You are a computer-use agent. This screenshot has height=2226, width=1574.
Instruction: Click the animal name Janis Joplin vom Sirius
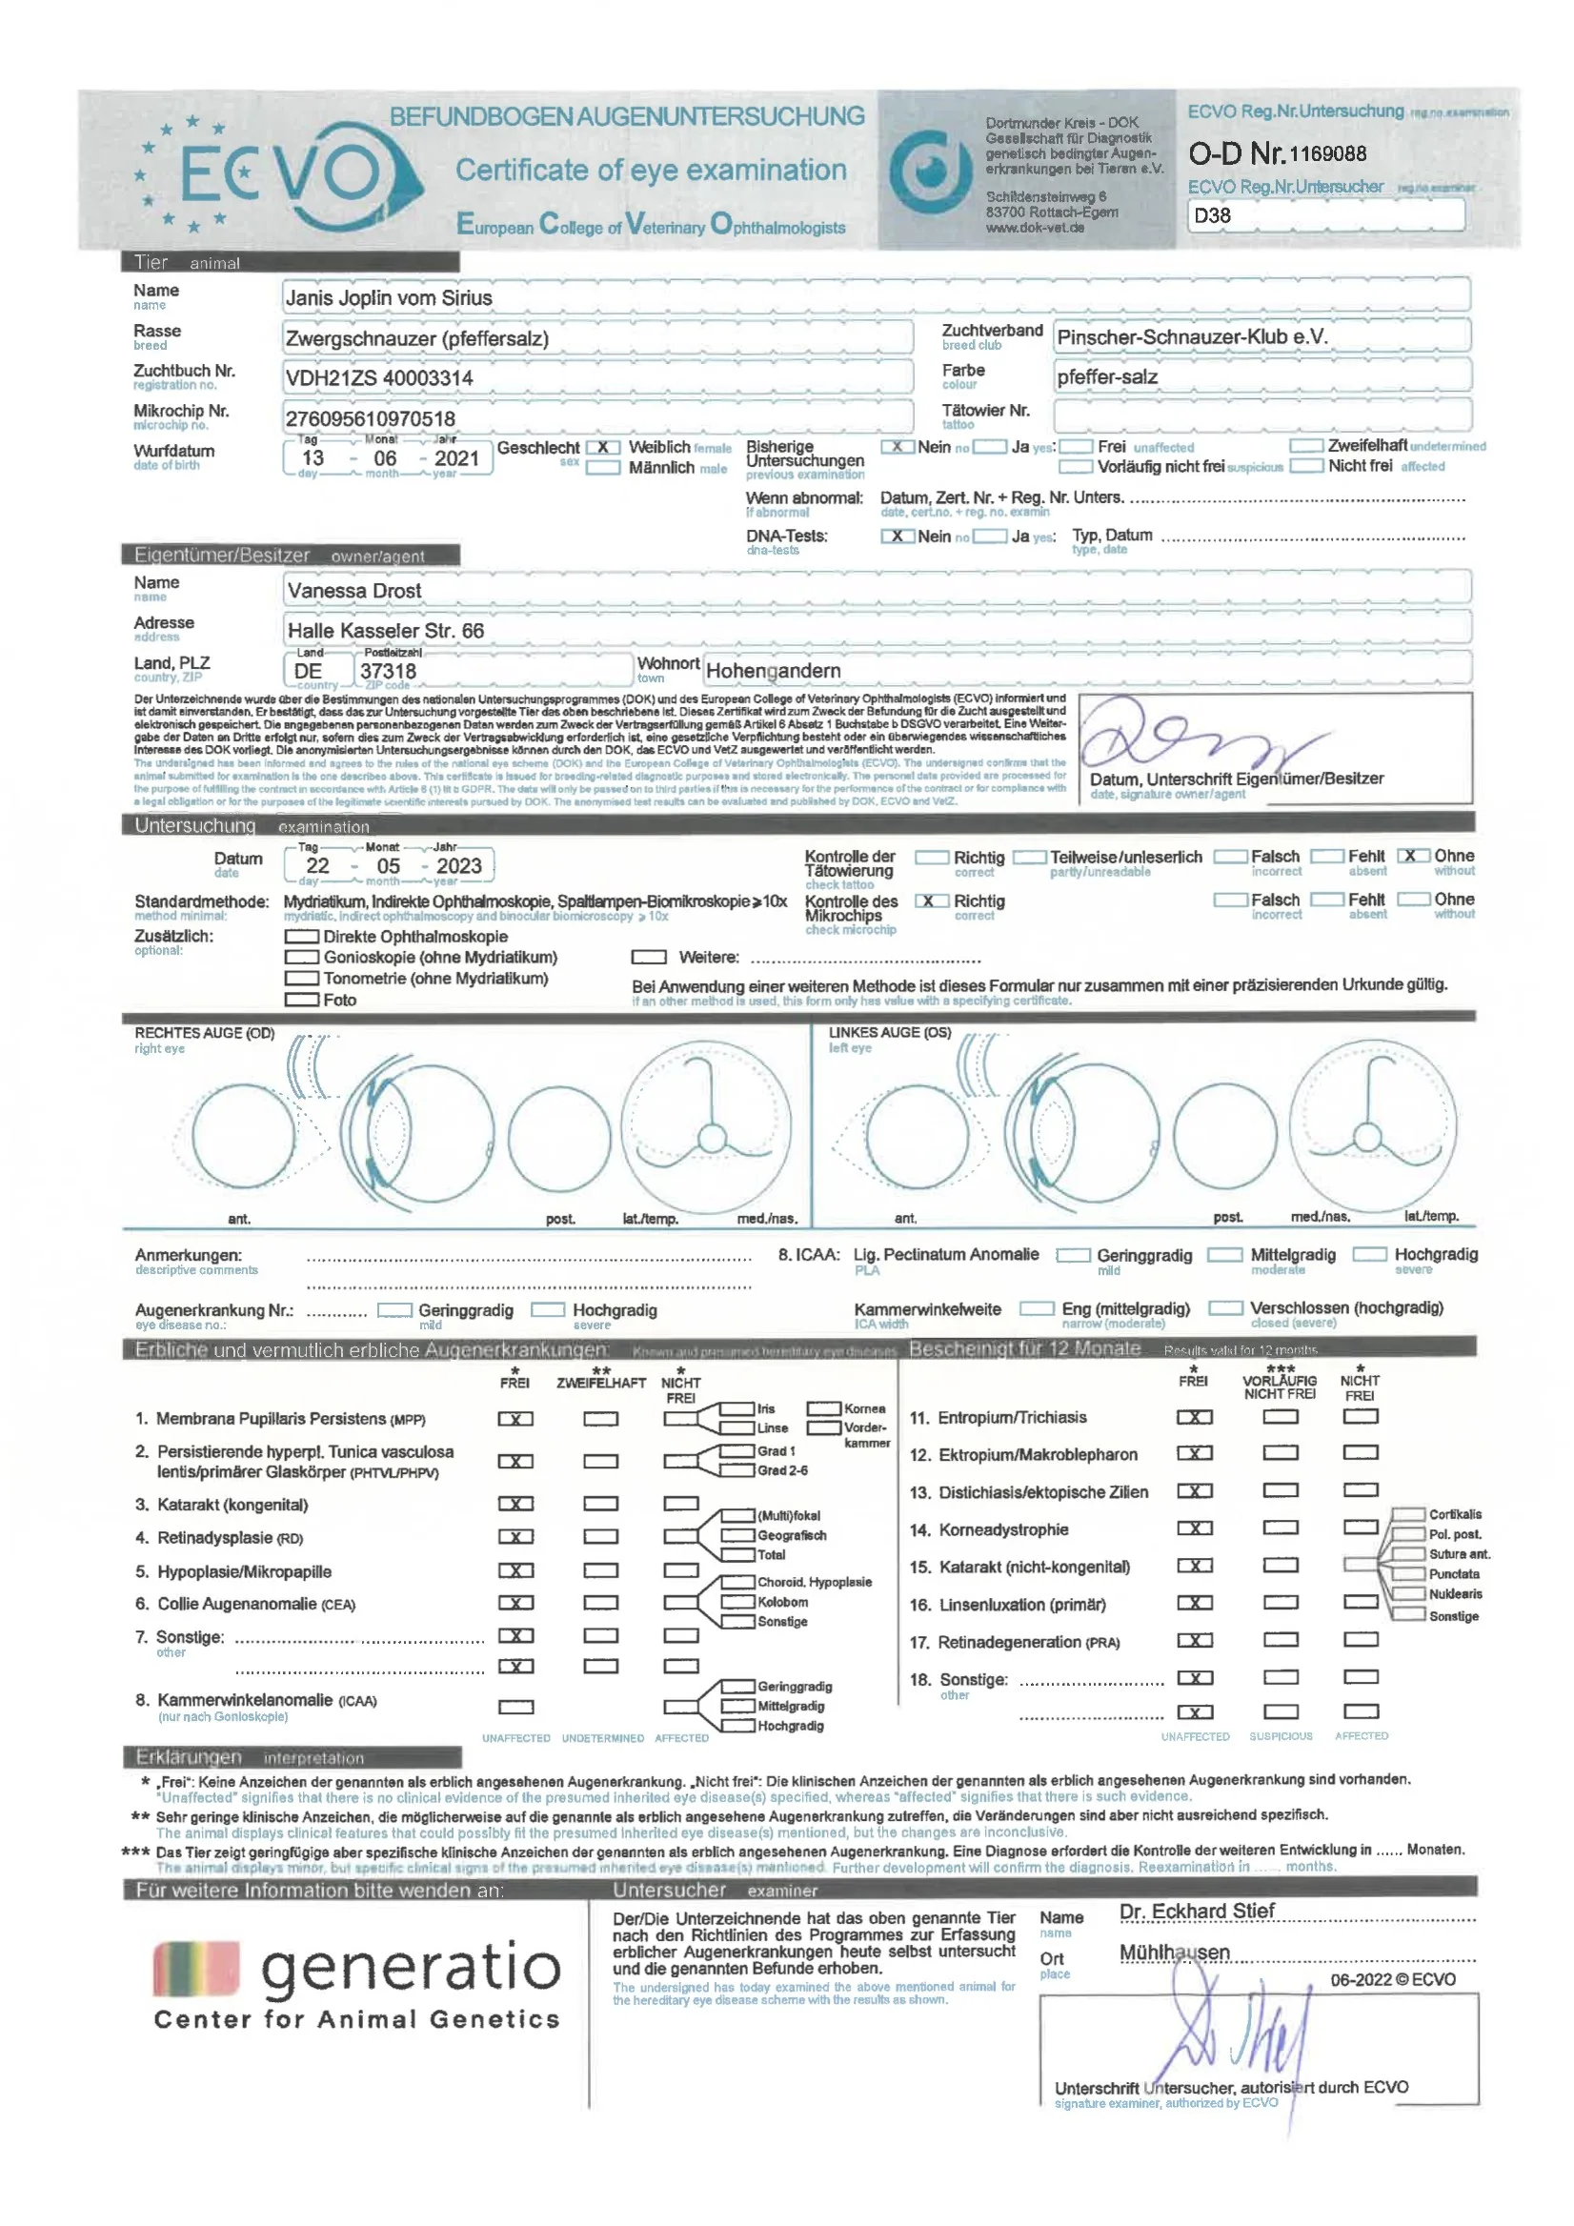[389, 298]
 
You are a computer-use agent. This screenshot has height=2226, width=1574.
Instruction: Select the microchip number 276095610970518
[370, 419]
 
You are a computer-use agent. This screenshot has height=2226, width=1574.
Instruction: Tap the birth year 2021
[456, 458]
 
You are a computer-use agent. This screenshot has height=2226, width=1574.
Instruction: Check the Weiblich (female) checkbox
[603, 448]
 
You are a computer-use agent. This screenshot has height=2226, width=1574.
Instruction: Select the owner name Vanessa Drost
[353, 592]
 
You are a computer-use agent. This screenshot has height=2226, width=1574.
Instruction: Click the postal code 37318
[388, 671]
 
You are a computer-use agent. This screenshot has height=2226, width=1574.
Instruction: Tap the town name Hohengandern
[773, 671]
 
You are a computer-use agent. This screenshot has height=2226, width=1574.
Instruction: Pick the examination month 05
[388, 867]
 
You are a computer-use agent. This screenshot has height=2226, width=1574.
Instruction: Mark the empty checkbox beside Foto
[301, 1000]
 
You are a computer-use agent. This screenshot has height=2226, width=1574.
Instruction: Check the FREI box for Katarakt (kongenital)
[515, 1504]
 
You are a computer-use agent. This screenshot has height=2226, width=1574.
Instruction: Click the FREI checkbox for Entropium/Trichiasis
[1194, 1417]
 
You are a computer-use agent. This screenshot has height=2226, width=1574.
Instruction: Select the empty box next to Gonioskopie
[301, 957]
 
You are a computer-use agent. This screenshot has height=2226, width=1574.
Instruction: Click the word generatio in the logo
[411, 1968]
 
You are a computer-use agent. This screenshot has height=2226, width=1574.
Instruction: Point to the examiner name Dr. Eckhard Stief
[1196, 1911]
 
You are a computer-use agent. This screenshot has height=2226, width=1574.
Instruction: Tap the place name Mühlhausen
[1174, 1953]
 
